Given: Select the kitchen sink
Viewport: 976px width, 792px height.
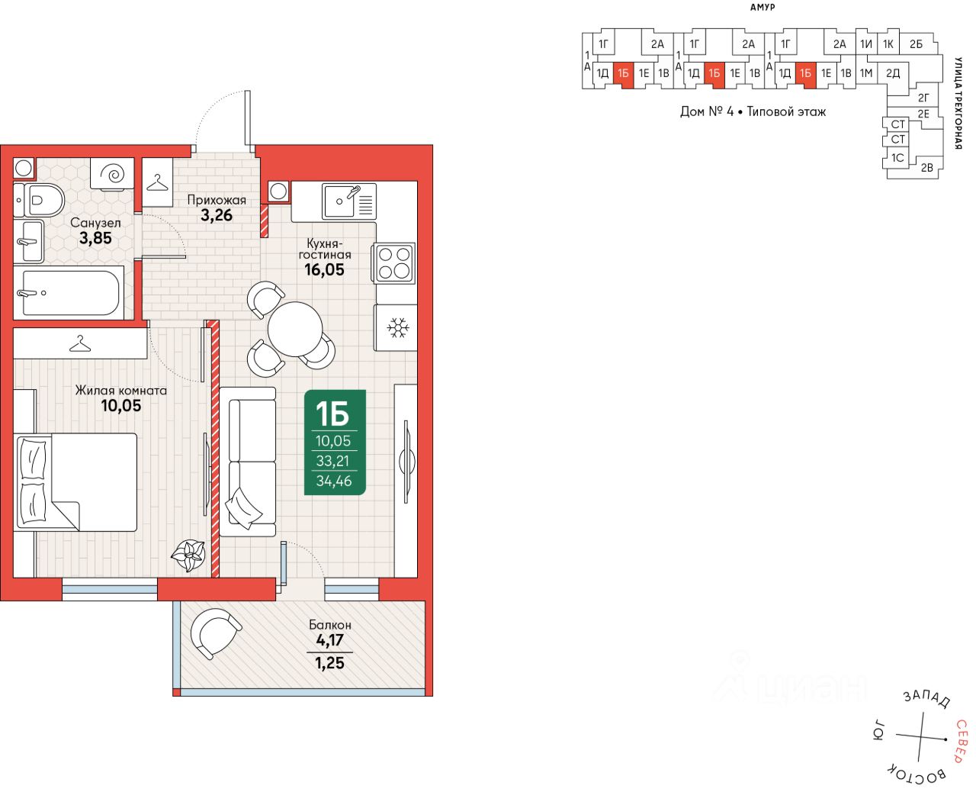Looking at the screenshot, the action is [x=348, y=201].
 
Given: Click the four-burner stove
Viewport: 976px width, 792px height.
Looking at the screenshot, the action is [x=394, y=262].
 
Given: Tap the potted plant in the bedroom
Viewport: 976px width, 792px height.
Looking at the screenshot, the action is [x=188, y=555].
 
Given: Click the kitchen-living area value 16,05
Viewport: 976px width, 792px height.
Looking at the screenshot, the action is [x=324, y=269].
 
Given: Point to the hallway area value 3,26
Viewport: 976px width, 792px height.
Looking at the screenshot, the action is [x=217, y=215].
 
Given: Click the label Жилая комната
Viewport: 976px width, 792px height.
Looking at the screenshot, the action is [x=120, y=390].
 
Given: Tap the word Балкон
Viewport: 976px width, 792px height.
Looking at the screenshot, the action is [x=329, y=625].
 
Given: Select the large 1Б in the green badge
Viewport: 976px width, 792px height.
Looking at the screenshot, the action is [x=332, y=414].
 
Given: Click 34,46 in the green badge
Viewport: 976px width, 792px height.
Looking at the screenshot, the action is [x=334, y=481].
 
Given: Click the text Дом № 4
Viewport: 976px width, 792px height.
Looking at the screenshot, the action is [x=707, y=111].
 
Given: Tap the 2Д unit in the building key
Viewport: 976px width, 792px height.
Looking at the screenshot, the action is [x=893, y=73].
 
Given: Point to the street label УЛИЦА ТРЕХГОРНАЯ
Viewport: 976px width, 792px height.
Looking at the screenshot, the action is [x=959, y=102].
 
